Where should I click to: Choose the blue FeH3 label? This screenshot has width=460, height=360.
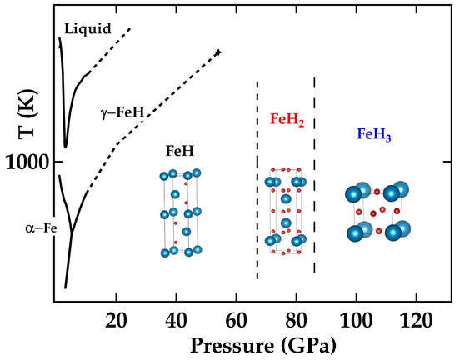tap(375, 133)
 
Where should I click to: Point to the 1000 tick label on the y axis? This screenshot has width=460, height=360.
tap(28, 161)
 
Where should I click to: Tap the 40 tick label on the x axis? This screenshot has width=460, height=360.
tap(176, 317)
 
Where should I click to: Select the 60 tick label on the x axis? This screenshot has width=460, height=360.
tap(236, 317)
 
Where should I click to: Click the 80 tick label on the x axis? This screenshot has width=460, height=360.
tap(296, 317)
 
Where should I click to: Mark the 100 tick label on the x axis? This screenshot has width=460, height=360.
tap(356, 317)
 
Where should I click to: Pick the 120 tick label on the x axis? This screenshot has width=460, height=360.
tap(416, 317)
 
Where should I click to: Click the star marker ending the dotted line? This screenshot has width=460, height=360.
tap(218, 52)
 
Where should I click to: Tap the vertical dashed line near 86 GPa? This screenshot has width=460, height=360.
tap(314, 175)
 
